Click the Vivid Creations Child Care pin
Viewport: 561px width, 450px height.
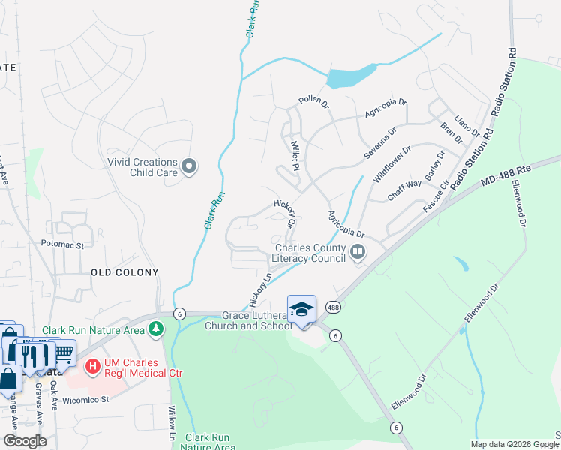[189, 167]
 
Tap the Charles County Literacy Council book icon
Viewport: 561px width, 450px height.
[358, 253]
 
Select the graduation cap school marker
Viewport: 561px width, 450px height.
[301, 310]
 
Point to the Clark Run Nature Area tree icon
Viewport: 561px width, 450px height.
[155, 329]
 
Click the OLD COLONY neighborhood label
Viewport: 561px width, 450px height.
[124, 272]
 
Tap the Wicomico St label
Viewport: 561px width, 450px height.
[85, 399]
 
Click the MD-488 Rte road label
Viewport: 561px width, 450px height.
[506, 175]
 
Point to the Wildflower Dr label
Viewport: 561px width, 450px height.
[392, 163]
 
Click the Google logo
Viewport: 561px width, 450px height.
[25, 441]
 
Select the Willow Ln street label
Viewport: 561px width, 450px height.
[171, 422]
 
